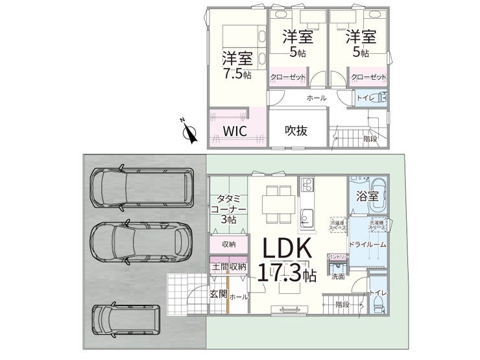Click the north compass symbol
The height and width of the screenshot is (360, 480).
(x=189, y=132)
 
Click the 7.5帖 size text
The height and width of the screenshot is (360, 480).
(x=237, y=73)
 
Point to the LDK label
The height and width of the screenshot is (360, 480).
(x=287, y=249)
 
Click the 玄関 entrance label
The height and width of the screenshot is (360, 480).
(x=218, y=294)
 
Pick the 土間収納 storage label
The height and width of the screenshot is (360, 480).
(x=228, y=267)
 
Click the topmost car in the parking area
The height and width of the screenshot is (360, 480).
(x=141, y=188)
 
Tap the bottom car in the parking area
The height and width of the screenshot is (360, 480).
(x=126, y=318)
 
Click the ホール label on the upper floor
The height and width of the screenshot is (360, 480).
(x=316, y=98)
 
